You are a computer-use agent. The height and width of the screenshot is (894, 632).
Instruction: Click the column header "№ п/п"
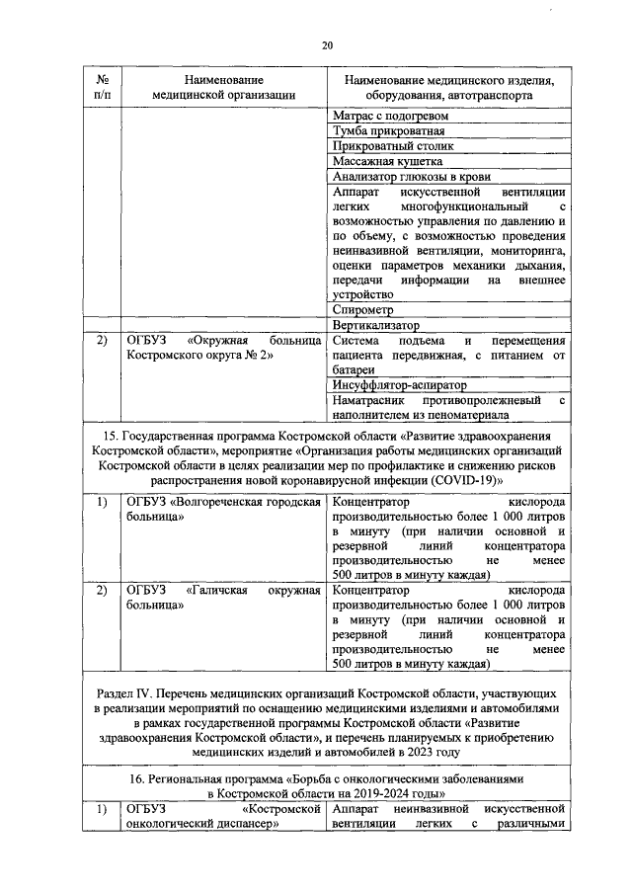point(102,87)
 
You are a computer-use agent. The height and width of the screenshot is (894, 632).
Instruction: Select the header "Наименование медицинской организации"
point(224,87)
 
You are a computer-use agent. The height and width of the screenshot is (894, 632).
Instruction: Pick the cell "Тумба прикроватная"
point(389,130)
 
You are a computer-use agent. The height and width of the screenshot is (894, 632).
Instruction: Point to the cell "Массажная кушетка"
point(388,161)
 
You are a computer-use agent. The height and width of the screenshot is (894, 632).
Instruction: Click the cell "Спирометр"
point(365,309)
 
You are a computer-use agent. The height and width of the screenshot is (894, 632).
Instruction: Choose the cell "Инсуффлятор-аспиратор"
point(400,384)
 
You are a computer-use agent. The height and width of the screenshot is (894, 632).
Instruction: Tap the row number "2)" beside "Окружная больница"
point(102,340)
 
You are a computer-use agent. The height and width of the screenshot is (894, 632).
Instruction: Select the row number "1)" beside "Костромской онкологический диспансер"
point(102,810)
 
